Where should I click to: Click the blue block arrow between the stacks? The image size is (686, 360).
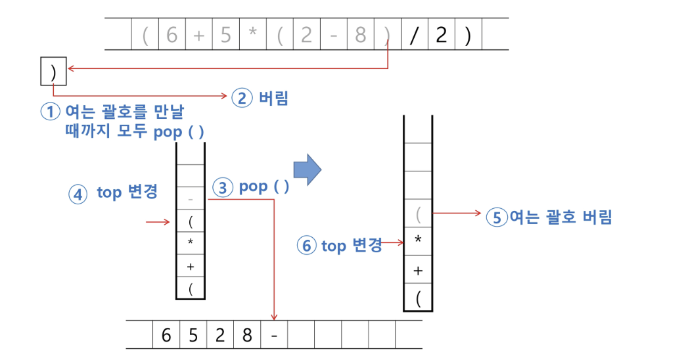pos(307,169)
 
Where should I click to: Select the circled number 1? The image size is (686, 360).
pos(51,112)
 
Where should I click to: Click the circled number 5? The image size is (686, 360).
pos(497,217)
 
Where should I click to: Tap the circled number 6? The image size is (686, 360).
pos(306,246)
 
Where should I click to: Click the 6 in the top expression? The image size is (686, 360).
pos(171,35)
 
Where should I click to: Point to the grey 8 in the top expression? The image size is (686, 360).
pos(360,35)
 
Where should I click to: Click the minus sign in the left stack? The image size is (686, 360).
pos(191,198)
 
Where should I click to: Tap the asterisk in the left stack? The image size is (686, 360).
pos(191,243)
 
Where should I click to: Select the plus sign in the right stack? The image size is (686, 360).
pos(418,271)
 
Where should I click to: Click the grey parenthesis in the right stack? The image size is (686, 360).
pos(418,215)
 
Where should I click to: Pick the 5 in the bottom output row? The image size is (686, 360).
pos(193,335)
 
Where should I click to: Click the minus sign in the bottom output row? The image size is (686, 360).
pos(273,335)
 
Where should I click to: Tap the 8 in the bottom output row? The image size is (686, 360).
pos(246,335)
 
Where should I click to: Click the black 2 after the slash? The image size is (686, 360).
pos(440,35)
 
